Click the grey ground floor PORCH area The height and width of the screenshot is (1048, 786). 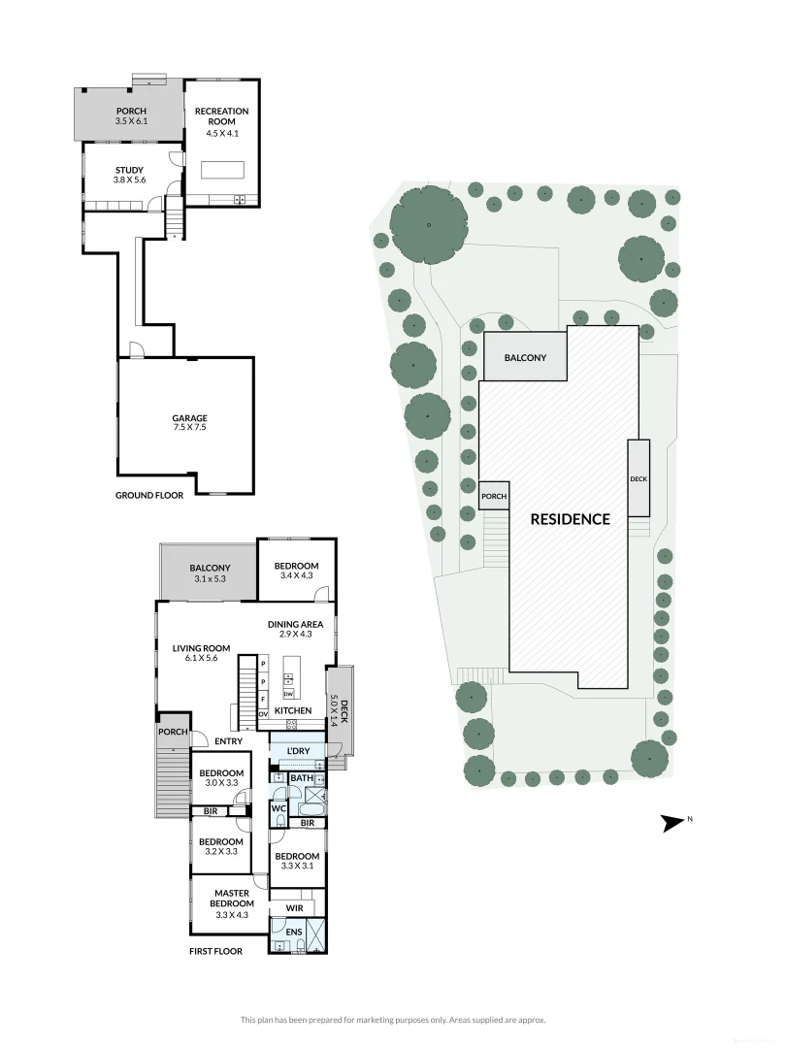click(130, 116)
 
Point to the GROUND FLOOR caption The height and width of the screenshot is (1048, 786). click(149, 495)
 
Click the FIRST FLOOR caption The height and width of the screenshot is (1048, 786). click(215, 951)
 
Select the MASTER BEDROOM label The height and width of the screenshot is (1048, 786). click(231, 899)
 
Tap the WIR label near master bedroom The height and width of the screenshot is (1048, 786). click(296, 907)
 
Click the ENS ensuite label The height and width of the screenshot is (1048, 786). click(294, 932)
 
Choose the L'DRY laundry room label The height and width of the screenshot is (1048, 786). click(299, 752)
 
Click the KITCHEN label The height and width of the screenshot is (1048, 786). click(293, 711)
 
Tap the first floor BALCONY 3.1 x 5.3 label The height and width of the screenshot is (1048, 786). click(209, 573)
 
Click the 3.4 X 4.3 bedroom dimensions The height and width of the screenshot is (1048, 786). click(296, 576)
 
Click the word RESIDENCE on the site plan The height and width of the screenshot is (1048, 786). click(570, 519)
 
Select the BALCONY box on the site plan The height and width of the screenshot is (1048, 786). click(524, 358)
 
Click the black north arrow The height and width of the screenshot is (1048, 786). click(672, 823)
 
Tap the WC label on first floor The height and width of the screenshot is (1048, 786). click(278, 807)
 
